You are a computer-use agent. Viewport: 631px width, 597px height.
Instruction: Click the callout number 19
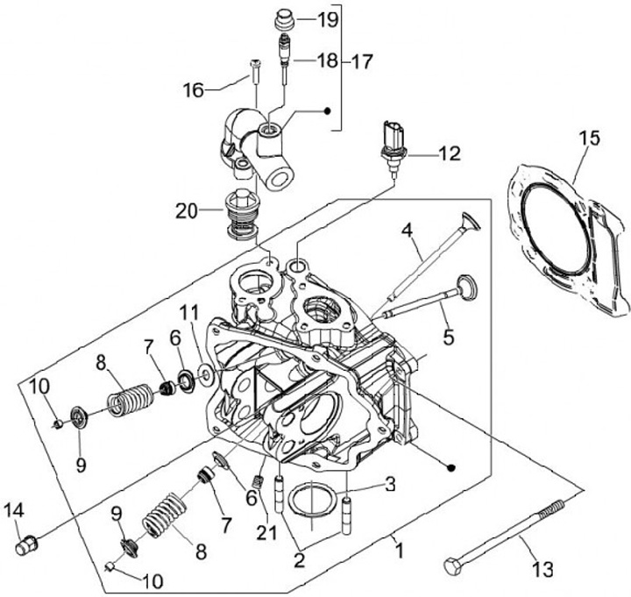(328, 20)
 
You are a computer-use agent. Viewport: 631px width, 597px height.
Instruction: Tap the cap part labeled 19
(284, 20)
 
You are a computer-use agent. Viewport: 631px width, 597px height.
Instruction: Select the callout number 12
(449, 153)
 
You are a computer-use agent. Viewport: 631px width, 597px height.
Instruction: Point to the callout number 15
(590, 139)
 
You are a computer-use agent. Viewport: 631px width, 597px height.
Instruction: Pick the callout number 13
(542, 570)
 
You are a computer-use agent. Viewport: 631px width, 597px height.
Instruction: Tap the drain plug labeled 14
(27, 545)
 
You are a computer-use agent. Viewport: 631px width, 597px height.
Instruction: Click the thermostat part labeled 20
(241, 214)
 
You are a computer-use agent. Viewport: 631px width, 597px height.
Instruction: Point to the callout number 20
(187, 211)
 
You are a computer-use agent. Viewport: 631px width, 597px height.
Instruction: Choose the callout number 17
(362, 61)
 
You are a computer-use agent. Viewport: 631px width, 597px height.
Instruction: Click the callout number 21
(267, 532)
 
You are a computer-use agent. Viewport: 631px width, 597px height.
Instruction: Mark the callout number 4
(407, 231)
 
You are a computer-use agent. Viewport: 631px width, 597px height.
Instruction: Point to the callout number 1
(399, 551)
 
